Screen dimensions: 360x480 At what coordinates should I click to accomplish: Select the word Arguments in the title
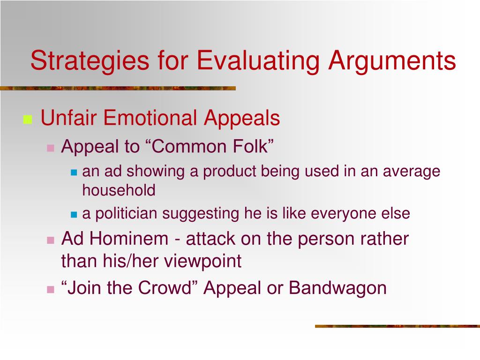click(391, 60)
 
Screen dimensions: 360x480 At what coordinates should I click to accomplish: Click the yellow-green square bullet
click(27, 120)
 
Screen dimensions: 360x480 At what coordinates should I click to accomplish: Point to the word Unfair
click(68, 118)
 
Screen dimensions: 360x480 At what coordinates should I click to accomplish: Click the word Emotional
click(150, 118)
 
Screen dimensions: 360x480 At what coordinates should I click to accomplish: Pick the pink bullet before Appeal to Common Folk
click(51, 148)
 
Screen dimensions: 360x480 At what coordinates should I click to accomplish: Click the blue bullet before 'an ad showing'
click(74, 172)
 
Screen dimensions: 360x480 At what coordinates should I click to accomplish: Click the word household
click(119, 190)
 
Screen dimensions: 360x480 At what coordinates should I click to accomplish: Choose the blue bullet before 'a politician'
click(74, 215)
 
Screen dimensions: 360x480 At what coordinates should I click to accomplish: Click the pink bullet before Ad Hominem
click(51, 240)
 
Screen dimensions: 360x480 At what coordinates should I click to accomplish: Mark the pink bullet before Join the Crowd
click(51, 289)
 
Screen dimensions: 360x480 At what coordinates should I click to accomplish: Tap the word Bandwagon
click(338, 287)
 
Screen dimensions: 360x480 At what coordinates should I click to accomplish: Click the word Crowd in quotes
click(164, 287)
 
